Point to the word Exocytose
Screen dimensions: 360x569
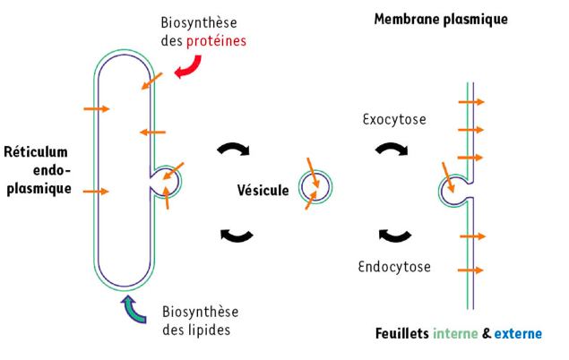[x=394, y=118]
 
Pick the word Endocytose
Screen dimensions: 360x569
[x=394, y=266]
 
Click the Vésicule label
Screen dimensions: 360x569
[x=263, y=190]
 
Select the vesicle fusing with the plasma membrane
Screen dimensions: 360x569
[x=454, y=188]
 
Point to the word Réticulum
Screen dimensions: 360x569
[x=36, y=151]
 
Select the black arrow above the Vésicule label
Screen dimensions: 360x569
[x=236, y=150]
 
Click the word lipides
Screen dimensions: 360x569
[x=215, y=329]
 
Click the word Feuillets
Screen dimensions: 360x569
[x=401, y=334]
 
